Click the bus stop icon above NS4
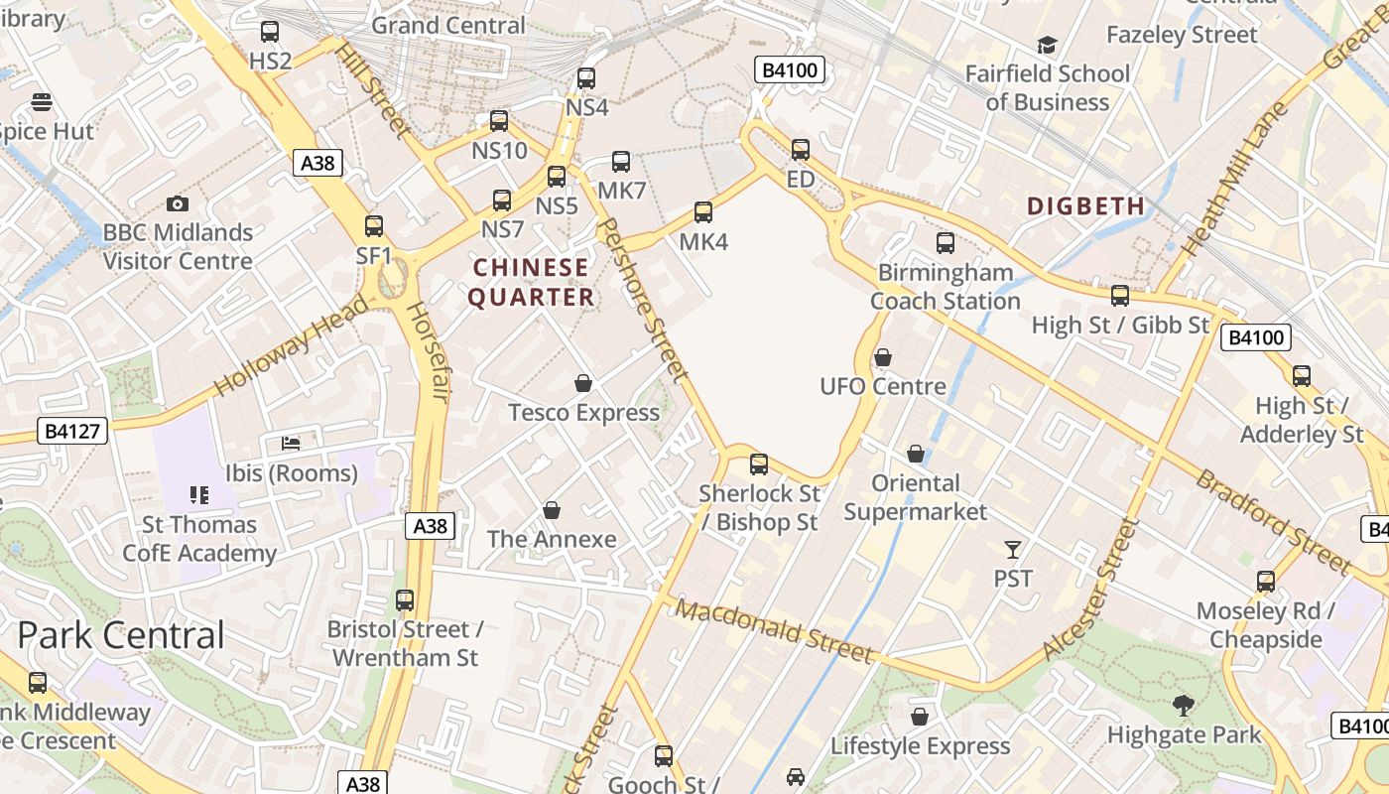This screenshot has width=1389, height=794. point(586,78)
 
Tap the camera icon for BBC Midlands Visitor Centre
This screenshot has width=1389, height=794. point(178,203)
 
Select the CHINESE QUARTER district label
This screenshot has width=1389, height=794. point(531,282)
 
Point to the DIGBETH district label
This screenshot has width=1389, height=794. point(1085,206)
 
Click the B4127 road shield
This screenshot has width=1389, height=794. point(73,431)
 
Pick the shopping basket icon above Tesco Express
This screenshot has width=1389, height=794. point(583,383)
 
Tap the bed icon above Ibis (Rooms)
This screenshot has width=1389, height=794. point(291,443)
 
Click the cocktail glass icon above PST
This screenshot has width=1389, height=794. point(1013,549)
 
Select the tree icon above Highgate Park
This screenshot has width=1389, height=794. point(1183,706)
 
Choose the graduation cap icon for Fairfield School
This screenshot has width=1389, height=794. point(1047,45)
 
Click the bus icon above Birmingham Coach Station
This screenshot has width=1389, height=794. point(946,242)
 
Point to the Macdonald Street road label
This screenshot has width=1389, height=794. point(775,631)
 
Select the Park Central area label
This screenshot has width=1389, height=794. point(121,635)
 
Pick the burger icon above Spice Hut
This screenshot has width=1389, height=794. point(42,101)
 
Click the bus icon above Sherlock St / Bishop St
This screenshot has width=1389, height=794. point(759,463)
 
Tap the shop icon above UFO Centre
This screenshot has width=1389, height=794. point(883,357)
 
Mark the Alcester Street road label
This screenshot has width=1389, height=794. point(1088,591)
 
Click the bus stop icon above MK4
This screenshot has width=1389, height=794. point(703,211)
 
